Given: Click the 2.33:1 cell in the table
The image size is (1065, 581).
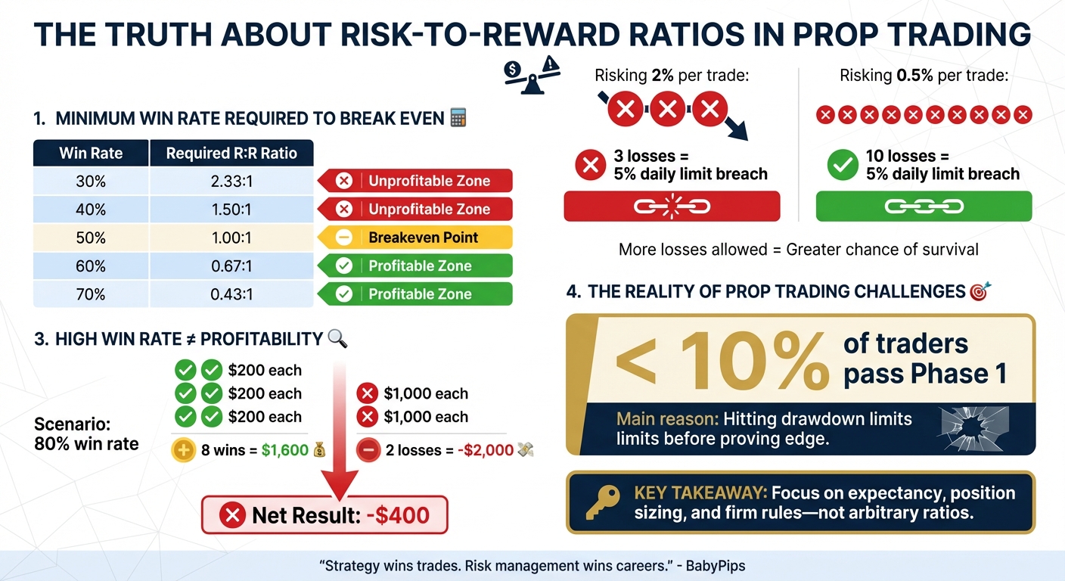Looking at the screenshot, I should tap(231, 181).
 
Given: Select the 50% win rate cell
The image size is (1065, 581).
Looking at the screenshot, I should tap(91, 238).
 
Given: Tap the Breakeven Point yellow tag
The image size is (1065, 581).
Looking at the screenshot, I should tap(415, 238).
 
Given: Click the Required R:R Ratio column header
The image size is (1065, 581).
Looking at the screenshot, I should tap(231, 153).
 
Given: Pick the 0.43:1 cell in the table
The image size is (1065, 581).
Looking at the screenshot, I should tap(231, 294).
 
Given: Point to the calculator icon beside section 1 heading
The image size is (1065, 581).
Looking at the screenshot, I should tap(458, 118).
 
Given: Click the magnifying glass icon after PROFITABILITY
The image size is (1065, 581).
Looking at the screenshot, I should tap(337, 339).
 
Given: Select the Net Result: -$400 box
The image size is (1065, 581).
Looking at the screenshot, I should tap(324, 515).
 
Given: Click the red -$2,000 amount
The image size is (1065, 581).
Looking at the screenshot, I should tap(483, 450).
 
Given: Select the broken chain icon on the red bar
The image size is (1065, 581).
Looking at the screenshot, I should tap(671, 206).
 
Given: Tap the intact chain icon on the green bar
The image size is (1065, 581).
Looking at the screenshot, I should tap(924, 206).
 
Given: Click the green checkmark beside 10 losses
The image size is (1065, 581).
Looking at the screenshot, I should tap(842, 165).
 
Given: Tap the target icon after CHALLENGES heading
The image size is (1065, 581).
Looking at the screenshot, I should tap(980, 291).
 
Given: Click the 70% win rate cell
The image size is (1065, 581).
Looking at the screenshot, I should tap(91, 294).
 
